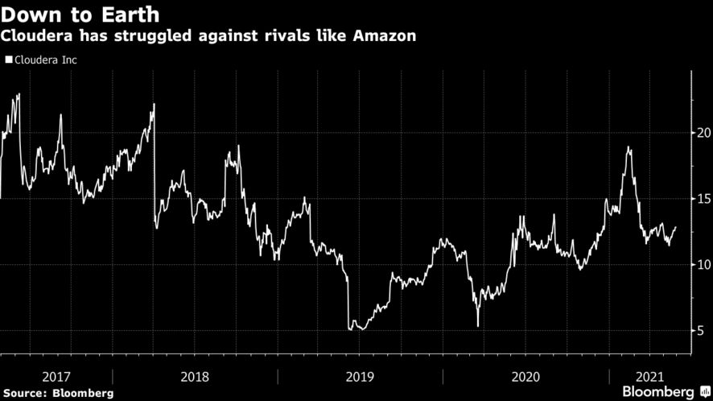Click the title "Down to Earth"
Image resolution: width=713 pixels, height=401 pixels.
tap(80, 14)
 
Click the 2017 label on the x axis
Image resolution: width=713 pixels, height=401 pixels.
tap(56, 376)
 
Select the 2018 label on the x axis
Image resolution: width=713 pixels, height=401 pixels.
tap(195, 376)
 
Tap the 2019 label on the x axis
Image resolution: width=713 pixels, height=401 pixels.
tap(360, 376)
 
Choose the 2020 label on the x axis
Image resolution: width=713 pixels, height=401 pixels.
tap(525, 376)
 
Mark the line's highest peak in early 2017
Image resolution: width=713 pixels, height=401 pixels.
tap(19, 94)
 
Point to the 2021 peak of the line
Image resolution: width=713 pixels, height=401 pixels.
tap(628, 147)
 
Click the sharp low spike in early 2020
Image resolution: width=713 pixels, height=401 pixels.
tap(478, 326)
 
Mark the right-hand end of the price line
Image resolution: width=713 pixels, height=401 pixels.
tap(675, 227)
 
